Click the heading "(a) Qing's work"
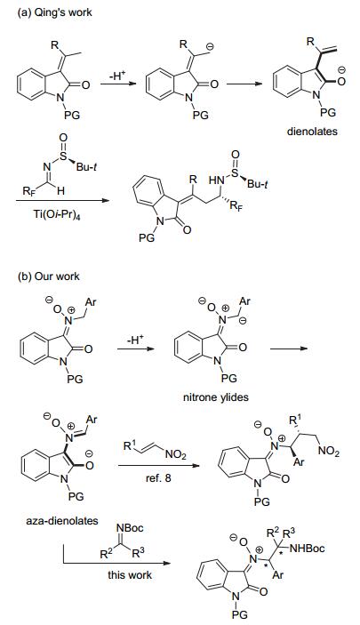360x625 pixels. [x=55, y=12]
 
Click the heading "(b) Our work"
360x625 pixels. [x=49, y=276]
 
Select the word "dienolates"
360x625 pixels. [x=312, y=132]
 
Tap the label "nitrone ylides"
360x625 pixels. [x=216, y=397]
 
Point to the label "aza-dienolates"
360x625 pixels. [x=62, y=521]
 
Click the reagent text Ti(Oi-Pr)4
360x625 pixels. [x=56, y=214]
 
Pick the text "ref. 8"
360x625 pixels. [x=158, y=477]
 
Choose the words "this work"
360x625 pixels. [x=130, y=575]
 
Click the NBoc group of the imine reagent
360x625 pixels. [x=130, y=528]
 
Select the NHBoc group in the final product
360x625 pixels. [x=307, y=549]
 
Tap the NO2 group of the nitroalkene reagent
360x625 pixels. [x=175, y=454]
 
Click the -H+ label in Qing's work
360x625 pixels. [x=116, y=76]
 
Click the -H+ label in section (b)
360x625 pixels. [x=135, y=340]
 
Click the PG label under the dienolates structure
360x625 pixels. [x=328, y=113]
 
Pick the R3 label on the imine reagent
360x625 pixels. [x=138, y=552]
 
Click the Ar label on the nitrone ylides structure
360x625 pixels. [x=244, y=300]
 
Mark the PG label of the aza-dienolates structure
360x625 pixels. [x=76, y=496]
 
